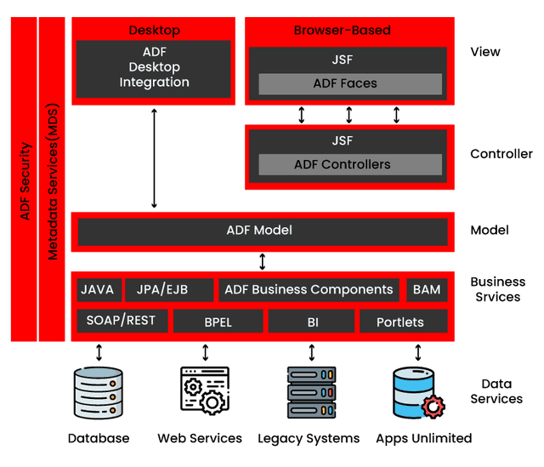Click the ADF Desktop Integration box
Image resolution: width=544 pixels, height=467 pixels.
[154, 68]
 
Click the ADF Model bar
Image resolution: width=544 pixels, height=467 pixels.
[261, 231]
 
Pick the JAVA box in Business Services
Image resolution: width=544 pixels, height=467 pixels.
[99, 289]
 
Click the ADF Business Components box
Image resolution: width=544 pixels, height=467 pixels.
[309, 289]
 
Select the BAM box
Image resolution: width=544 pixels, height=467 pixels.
[427, 289]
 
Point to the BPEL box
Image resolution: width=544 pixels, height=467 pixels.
[218, 322]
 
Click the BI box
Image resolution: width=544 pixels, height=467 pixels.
[311, 322]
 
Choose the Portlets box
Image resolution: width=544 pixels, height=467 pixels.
[402, 322]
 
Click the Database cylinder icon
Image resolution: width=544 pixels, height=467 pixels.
[98, 393]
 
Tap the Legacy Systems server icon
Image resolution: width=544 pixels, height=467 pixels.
[311, 393]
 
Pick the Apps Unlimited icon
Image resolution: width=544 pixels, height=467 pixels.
[416, 393]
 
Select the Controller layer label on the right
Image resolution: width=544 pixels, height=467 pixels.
[501, 154]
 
